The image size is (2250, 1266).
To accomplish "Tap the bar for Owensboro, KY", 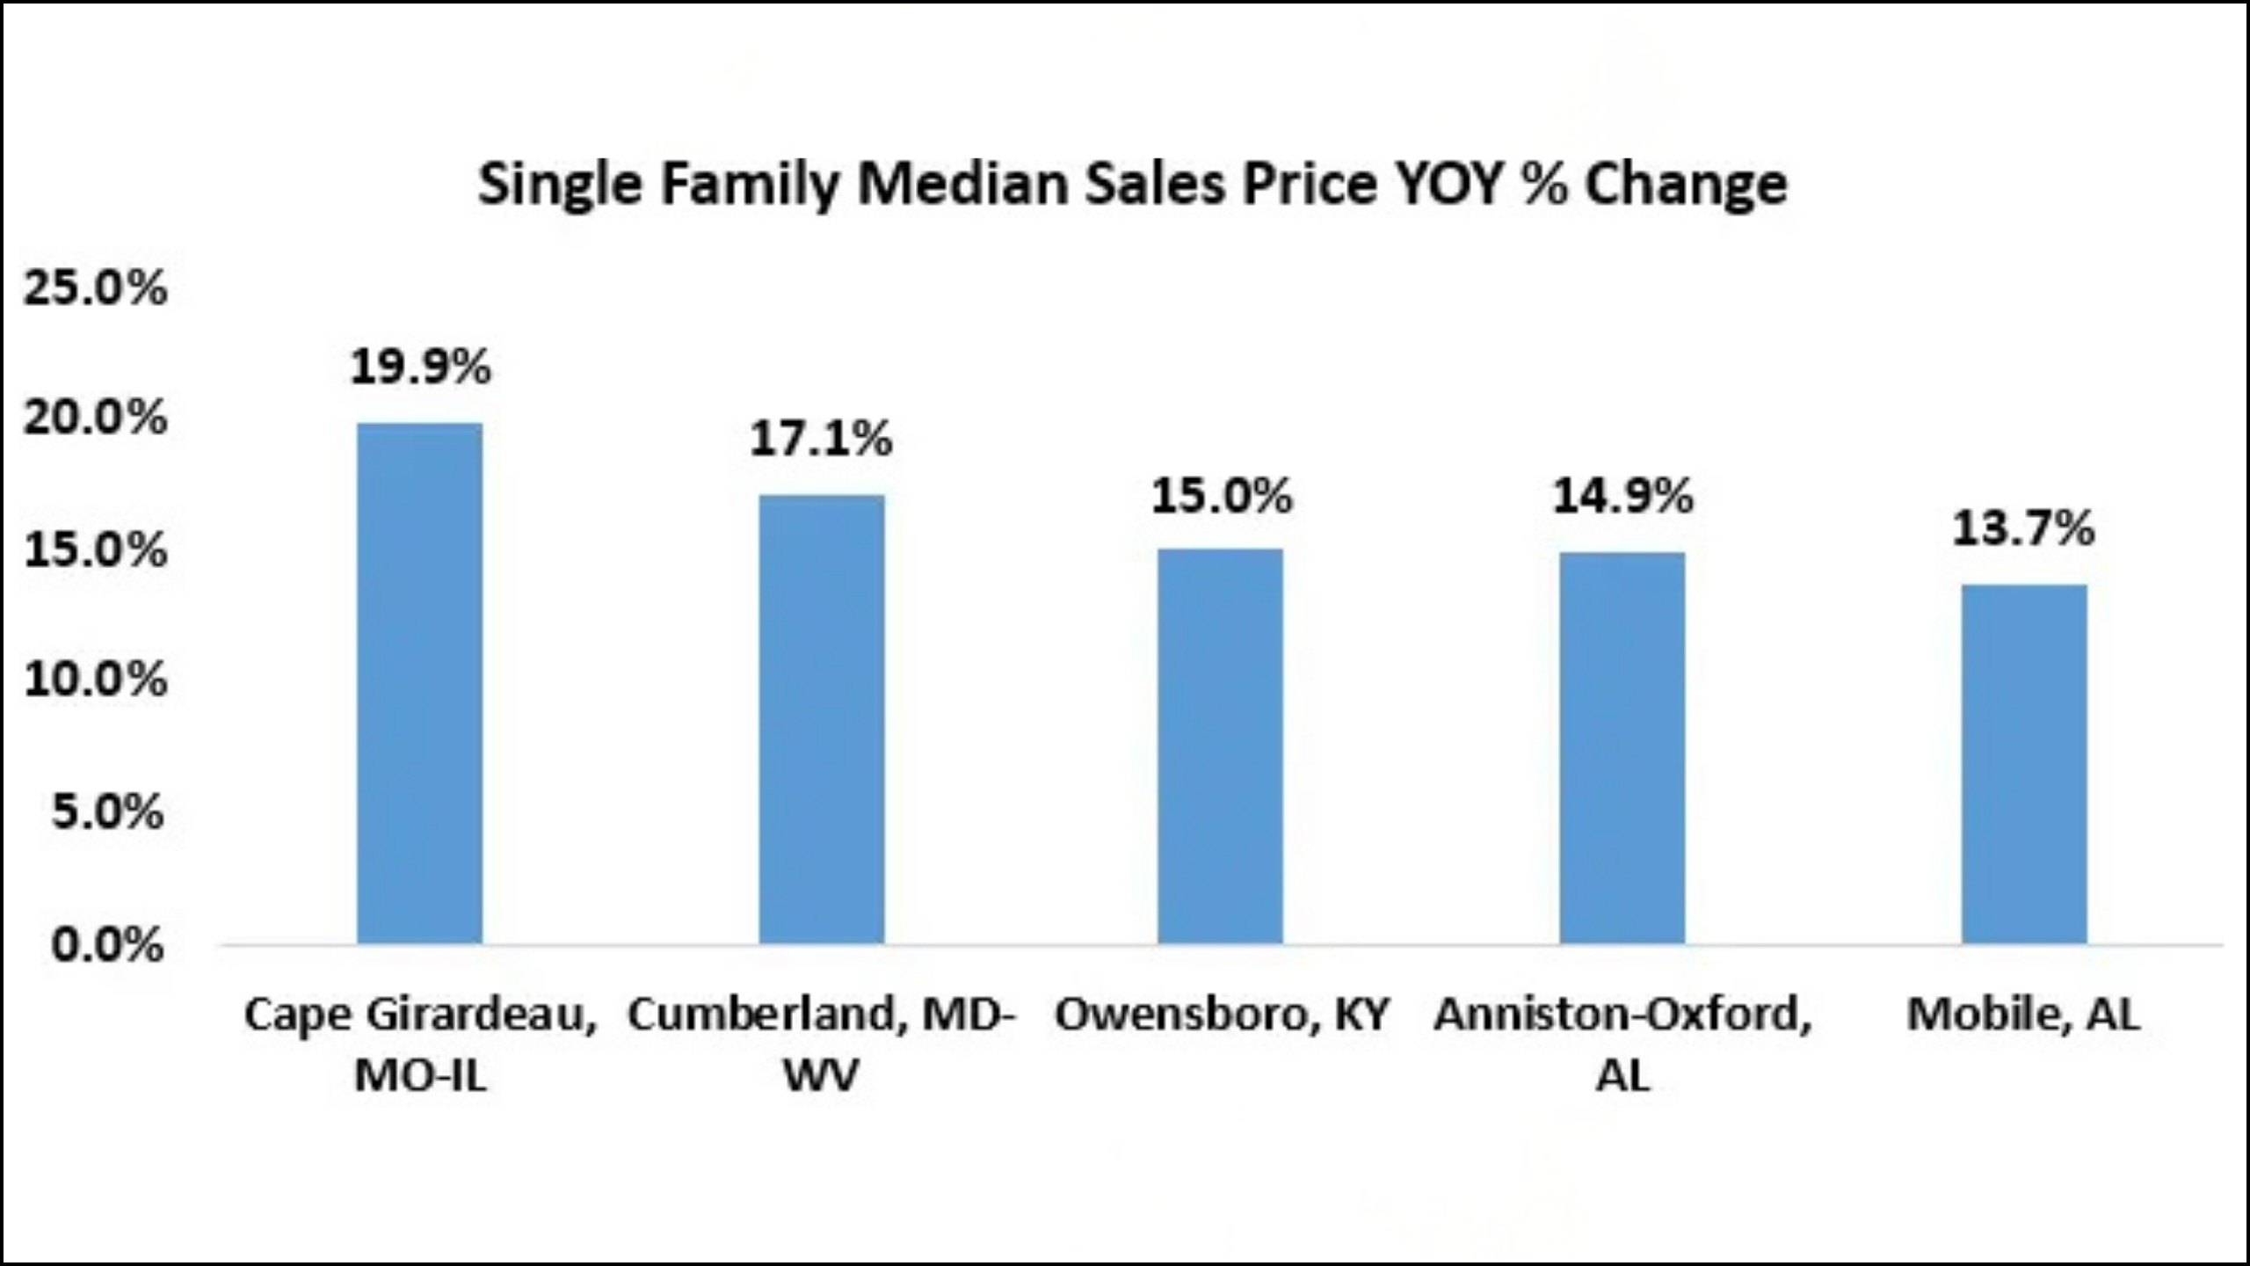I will [1220, 746].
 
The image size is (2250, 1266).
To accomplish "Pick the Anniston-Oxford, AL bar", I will [1622, 748].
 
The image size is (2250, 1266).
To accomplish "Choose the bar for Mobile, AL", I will [2024, 764].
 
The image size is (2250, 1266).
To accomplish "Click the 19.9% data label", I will [420, 367].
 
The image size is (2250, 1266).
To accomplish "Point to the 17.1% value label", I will [821, 439].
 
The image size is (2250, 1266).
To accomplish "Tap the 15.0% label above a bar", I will [1222, 497].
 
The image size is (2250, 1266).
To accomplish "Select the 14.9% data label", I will [1622, 497].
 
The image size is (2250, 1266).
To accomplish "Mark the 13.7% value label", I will [2023, 528].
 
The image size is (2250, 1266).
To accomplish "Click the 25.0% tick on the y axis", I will [95, 288].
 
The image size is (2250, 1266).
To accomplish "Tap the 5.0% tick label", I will [107, 811].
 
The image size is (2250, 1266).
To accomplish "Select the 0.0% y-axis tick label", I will [107, 945].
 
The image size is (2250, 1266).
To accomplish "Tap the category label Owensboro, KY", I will [1222, 1015].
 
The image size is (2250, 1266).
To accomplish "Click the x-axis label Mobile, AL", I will [2023, 1015].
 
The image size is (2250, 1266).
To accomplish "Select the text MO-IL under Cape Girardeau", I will [420, 1075].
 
